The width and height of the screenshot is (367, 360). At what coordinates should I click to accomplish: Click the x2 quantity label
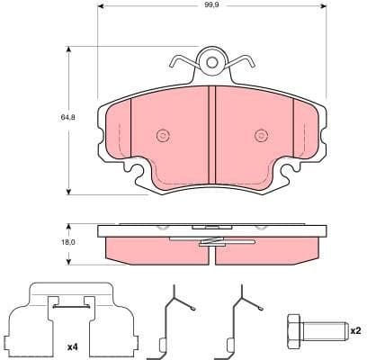tap(354, 329)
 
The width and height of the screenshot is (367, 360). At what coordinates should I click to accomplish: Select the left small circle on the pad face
tap(163, 136)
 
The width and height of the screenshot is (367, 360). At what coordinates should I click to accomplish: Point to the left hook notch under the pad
tap(138, 171)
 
